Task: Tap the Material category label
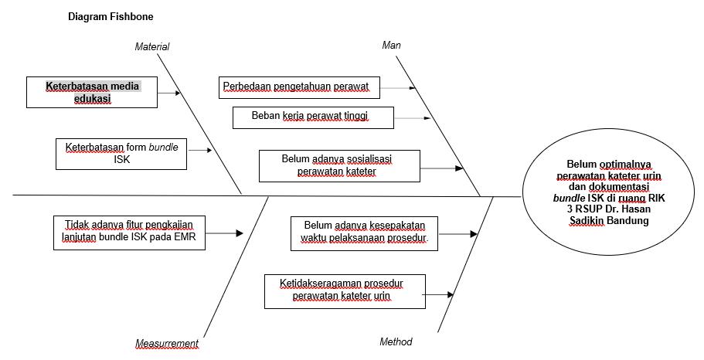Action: coord(152,47)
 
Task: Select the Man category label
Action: coord(392,45)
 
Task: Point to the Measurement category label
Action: coord(167,344)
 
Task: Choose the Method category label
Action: coord(396,341)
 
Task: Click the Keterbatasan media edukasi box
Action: coord(91,93)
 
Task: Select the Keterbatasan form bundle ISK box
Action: coord(122,153)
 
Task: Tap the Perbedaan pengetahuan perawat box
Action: coord(299,87)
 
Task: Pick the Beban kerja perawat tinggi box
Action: coord(312,117)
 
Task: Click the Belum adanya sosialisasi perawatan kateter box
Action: coord(340,166)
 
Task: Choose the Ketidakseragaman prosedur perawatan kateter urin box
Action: coord(344,290)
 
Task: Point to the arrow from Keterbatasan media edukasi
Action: coord(171,93)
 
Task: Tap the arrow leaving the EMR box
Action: coord(225,233)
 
